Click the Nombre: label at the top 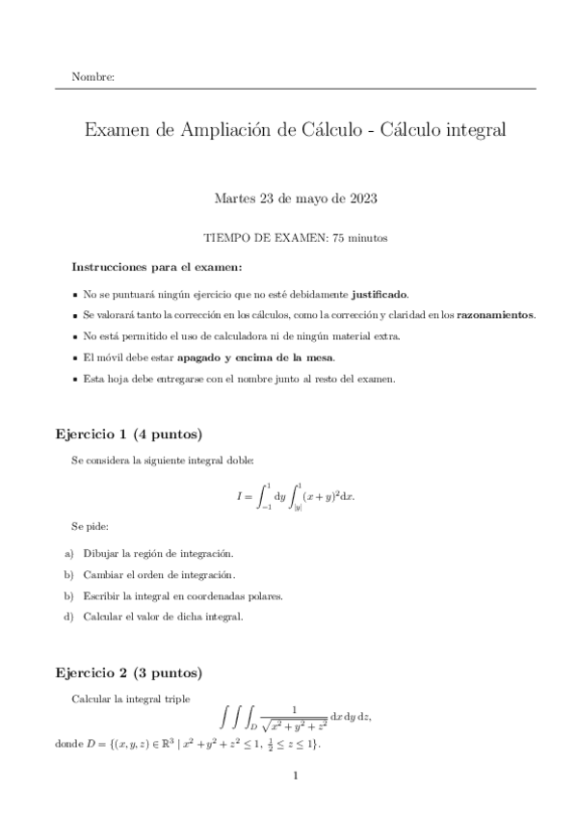pos(93,76)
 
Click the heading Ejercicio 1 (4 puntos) pos(128,433)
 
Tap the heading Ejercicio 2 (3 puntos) pos(128,672)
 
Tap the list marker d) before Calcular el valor pos(68,617)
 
